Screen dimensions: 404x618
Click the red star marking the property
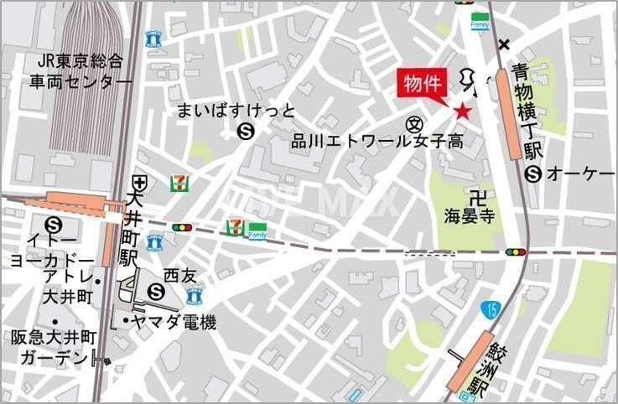click(462, 110)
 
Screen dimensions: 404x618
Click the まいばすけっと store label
click(236, 111)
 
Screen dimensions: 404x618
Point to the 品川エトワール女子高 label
click(377, 142)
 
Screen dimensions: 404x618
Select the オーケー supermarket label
click(579, 174)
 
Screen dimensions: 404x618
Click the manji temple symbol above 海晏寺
click(478, 198)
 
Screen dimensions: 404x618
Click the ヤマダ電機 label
click(168, 322)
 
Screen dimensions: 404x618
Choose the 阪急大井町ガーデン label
click(53, 347)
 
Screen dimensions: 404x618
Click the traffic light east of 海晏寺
click(515, 251)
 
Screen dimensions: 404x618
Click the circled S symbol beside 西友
click(156, 291)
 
